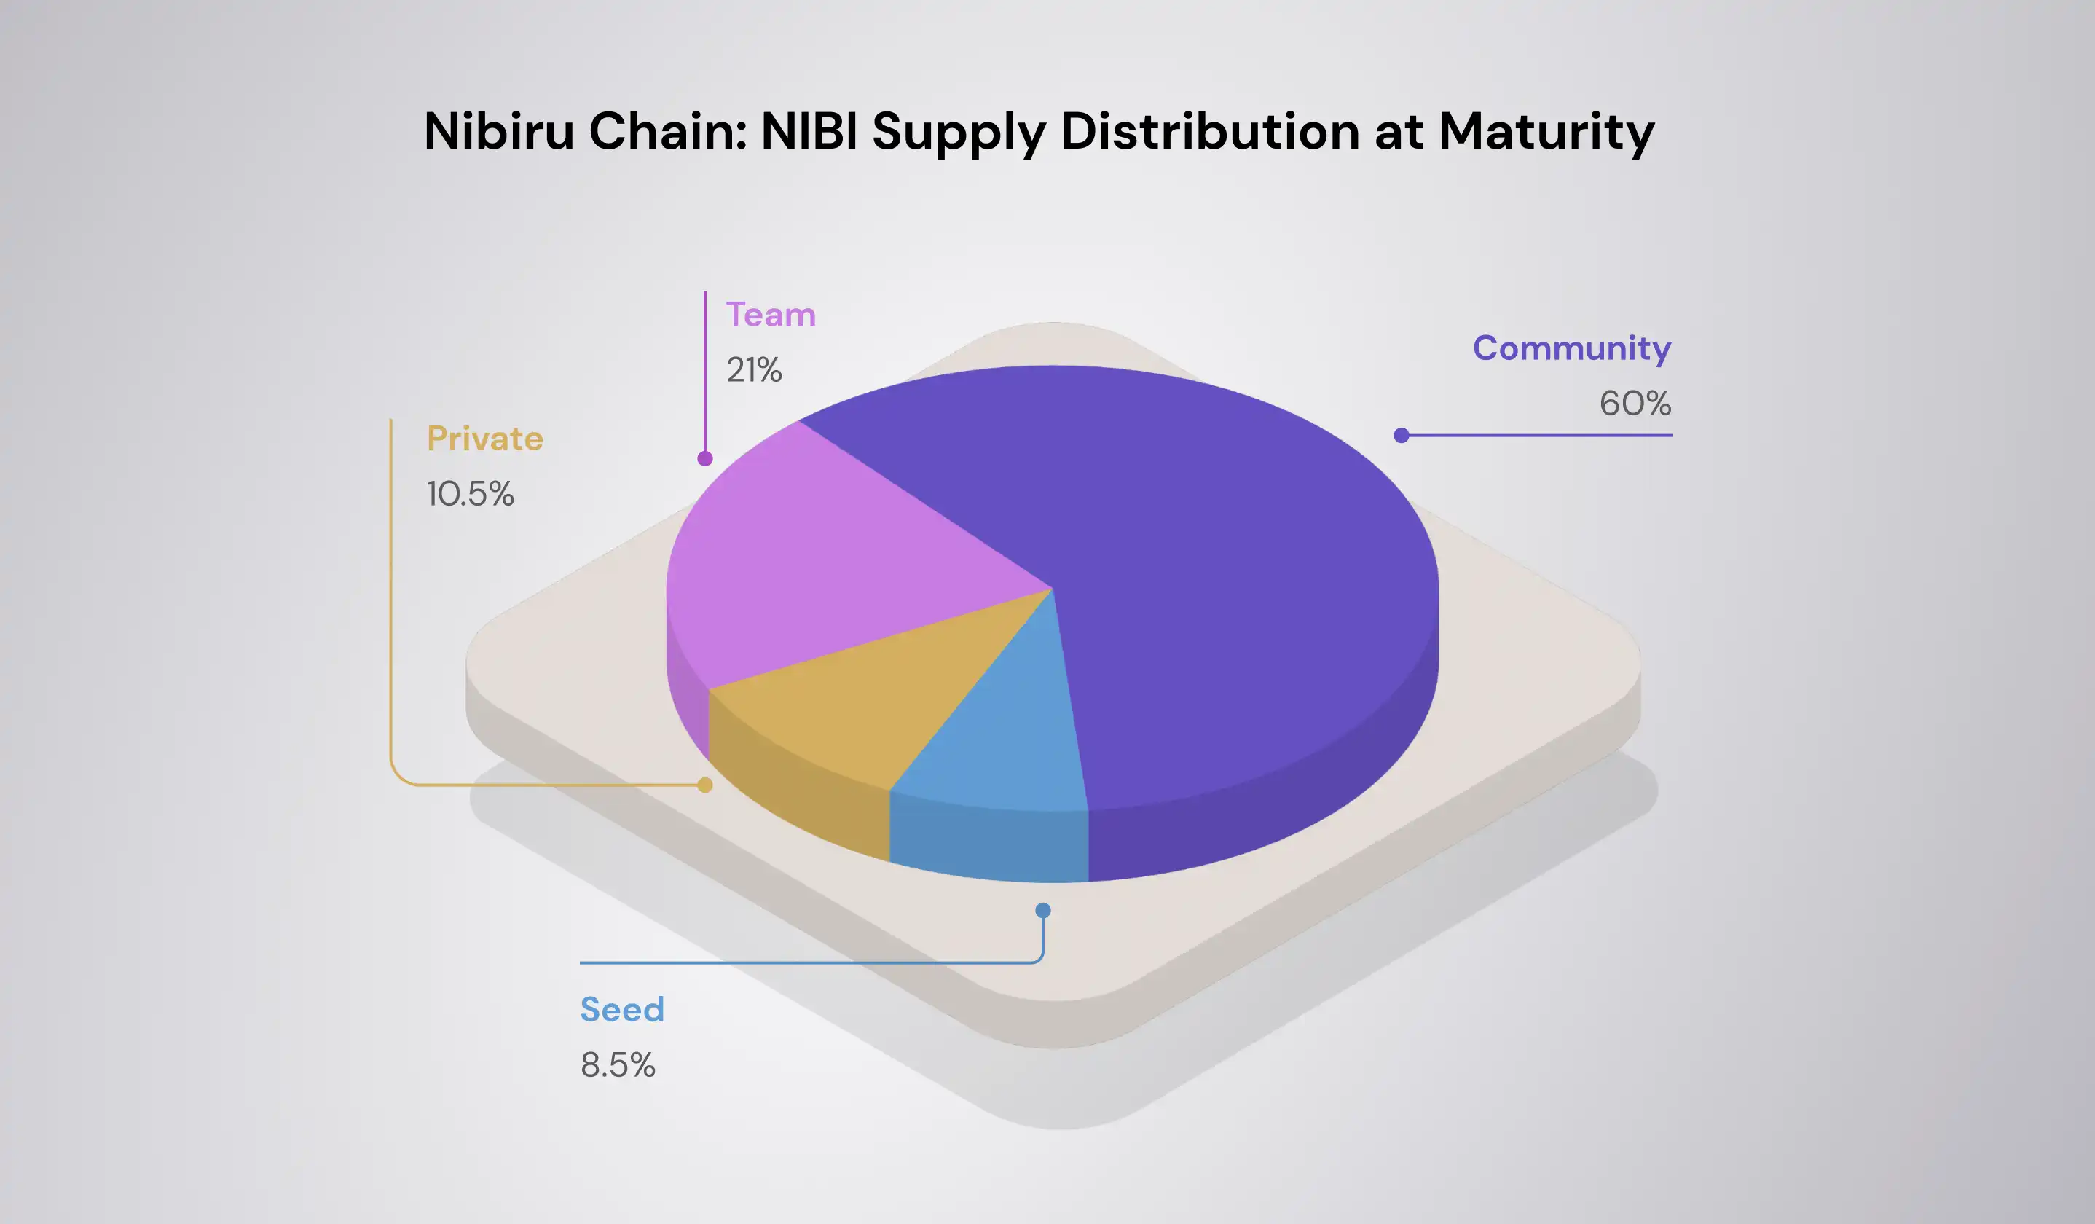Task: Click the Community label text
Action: point(1571,348)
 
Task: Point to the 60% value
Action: point(1635,404)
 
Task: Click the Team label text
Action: point(771,315)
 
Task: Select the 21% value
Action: point(754,370)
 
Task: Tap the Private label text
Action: point(484,438)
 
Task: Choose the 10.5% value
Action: point(470,494)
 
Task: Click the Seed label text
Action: point(622,1010)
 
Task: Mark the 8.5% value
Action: point(618,1065)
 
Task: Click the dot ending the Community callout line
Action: point(1401,435)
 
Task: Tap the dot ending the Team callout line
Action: point(705,458)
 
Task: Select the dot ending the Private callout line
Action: point(705,785)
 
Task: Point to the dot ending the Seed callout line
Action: point(1042,911)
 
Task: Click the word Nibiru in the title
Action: point(499,131)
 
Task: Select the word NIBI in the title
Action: point(809,131)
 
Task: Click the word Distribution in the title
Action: point(1210,131)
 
